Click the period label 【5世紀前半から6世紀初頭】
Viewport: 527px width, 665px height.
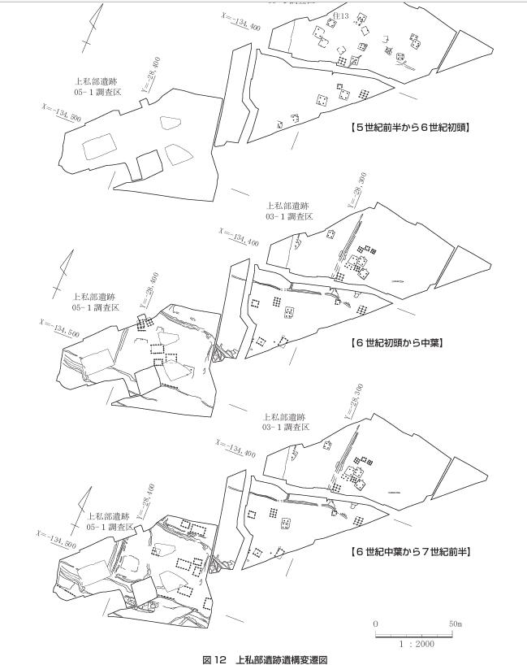[410, 128]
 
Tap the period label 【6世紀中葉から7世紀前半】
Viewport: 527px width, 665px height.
[410, 552]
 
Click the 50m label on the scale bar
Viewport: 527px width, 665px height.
[455, 623]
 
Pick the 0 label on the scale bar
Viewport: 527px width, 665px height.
[376, 623]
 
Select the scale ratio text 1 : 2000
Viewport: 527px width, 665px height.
[416, 644]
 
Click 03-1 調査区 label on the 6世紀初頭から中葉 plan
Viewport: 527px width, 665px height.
[287, 216]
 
